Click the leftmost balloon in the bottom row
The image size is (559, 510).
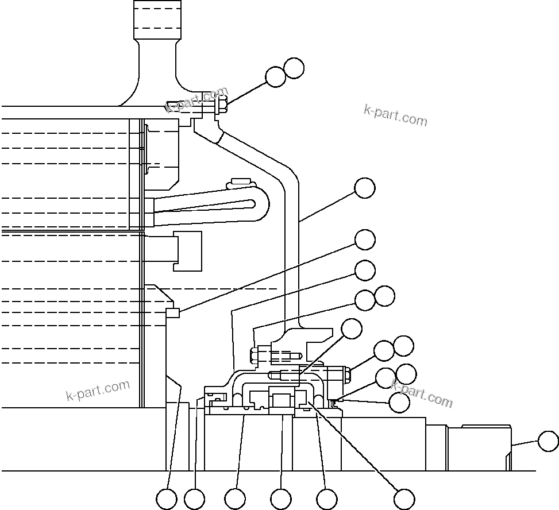(167, 499)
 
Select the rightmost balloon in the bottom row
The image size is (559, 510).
(404, 499)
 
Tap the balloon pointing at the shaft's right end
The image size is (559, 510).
(548, 442)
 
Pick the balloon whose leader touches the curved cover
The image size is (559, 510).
(365, 188)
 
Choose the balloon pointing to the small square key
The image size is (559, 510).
(365, 240)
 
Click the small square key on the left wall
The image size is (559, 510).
(173, 312)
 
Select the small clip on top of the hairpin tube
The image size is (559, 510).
(240, 183)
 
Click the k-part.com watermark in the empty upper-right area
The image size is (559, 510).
(396, 115)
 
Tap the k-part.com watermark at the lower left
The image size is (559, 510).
(98, 391)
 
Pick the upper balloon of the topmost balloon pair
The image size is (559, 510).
(294, 68)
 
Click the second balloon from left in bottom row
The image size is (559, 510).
(194, 499)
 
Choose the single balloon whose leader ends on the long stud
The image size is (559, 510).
(352, 329)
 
